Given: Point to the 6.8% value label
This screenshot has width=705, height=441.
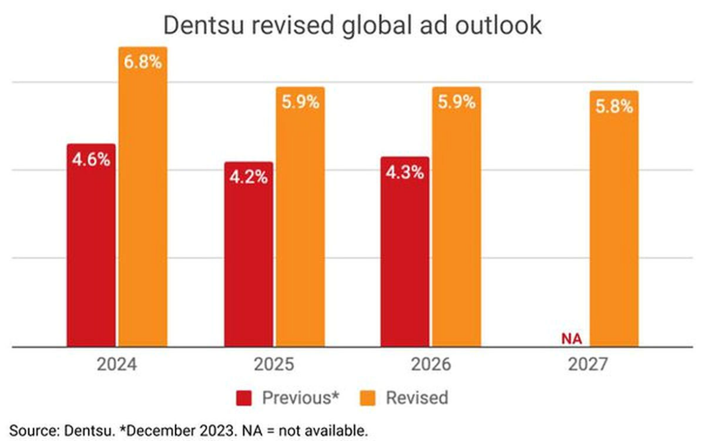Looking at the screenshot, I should click(143, 62).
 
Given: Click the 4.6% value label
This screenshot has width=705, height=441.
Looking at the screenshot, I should click(91, 160).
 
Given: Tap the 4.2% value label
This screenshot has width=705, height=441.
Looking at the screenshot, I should click(248, 178).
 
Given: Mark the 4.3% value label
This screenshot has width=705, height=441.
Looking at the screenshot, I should click(405, 173).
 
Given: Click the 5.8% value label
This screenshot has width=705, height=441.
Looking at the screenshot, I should click(614, 107).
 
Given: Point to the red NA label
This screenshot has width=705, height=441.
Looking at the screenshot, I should click(572, 339).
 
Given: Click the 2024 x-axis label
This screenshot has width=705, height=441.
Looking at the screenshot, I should click(117, 365).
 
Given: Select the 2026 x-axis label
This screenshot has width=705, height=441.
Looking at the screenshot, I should click(431, 365).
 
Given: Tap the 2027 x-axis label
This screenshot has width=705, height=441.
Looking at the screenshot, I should click(588, 365).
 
